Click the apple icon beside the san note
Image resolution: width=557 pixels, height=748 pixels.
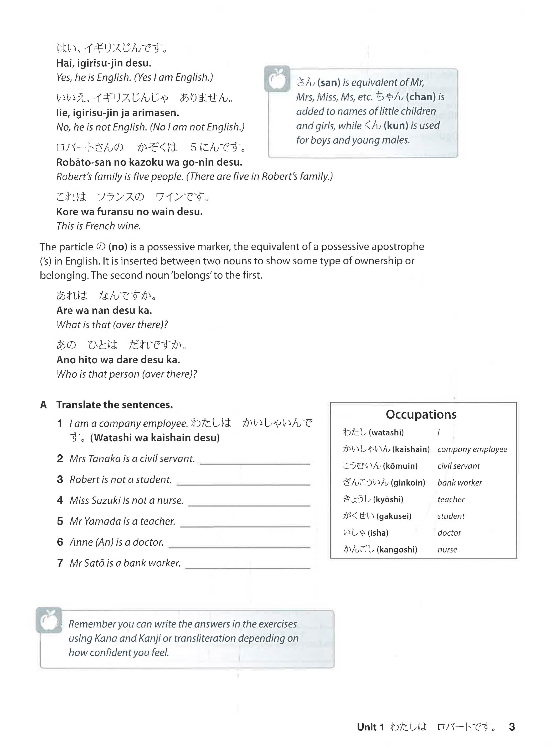277,79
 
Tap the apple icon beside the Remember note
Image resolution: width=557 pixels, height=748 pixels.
49,620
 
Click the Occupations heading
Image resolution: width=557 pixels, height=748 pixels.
421,414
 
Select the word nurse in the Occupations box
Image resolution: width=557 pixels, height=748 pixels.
447,550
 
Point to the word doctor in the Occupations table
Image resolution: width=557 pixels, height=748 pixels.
449,533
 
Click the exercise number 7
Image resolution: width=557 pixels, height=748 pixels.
60,563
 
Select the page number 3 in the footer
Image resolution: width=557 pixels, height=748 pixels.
512,727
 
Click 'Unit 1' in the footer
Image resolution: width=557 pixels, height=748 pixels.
370,727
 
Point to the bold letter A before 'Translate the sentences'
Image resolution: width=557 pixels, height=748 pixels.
43,405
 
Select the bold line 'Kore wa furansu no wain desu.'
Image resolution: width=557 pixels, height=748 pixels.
130,212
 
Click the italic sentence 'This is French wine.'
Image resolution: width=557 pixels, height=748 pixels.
99,226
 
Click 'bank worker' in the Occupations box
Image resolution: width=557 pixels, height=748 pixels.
460,483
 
